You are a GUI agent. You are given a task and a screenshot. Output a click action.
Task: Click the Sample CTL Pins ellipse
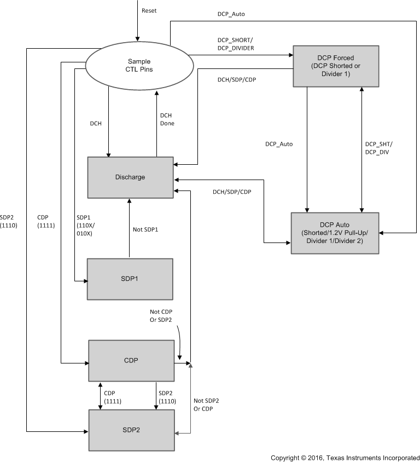[x=139, y=65]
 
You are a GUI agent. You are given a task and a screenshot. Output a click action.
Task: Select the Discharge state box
[x=131, y=177]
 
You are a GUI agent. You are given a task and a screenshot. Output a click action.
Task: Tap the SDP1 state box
[x=130, y=279]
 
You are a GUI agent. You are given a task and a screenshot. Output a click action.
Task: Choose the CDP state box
[x=131, y=361]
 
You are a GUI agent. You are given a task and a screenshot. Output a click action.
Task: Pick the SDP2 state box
[x=131, y=430]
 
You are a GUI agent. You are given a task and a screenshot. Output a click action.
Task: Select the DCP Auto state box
[x=335, y=233]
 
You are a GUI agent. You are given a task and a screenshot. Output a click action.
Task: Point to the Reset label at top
[x=149, y=11]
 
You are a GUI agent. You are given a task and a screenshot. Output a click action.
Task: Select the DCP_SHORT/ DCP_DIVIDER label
[x=235, y=44]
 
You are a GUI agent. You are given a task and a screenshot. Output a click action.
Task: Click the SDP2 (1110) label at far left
[x=10, y=220]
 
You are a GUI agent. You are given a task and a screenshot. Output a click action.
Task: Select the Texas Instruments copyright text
[x=345, y=457]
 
